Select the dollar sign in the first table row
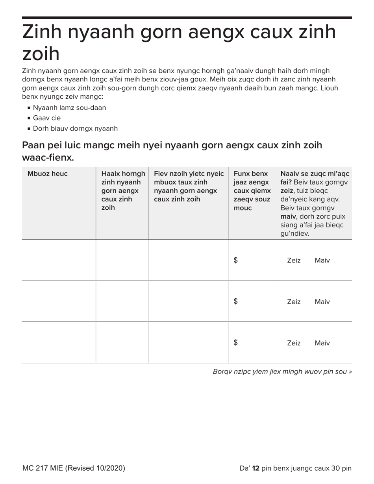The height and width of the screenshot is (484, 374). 235,260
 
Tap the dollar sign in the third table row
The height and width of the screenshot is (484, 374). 235,343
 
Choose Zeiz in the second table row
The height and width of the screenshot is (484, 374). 294,302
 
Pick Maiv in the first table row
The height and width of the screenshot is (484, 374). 322,260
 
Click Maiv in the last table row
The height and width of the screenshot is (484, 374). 322,343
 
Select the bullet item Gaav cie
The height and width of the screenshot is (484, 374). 47,118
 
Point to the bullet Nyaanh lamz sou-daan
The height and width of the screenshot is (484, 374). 69,108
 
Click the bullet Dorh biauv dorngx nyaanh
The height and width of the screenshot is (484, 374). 75,129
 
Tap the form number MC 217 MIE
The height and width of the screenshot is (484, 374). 43,468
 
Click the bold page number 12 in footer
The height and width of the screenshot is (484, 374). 256,468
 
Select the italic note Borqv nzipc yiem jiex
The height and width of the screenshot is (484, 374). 282,371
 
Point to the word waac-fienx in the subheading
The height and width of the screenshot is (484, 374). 48,158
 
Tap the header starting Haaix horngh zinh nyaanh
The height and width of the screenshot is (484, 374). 122,190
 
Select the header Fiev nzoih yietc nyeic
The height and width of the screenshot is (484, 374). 189,186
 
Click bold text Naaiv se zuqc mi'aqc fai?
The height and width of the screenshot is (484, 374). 314,178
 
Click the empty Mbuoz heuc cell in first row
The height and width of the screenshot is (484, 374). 59,260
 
